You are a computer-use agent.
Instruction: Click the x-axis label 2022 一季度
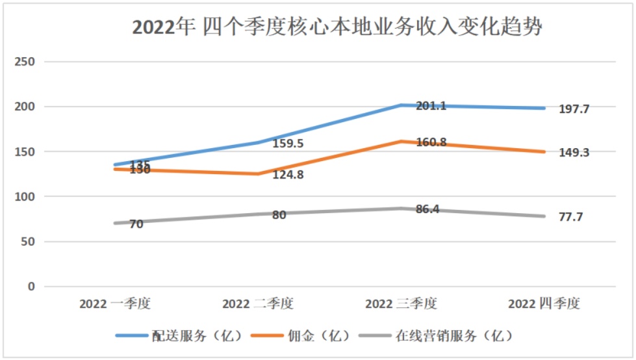[115, 303]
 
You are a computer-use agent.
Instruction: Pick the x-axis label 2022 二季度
[258, 303]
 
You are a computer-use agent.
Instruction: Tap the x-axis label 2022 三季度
[401, 303]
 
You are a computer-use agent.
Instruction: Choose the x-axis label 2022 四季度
[544, 303]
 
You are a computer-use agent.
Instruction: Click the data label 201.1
[431, 106]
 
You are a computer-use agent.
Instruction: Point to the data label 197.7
[574, 110]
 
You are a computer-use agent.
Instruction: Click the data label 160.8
[431, 142]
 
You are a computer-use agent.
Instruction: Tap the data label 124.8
[288, 175]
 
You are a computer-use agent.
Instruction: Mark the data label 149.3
[574, 153]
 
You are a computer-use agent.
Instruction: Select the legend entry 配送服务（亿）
[179, 336]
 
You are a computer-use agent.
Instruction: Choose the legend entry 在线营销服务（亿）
[445, 336]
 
